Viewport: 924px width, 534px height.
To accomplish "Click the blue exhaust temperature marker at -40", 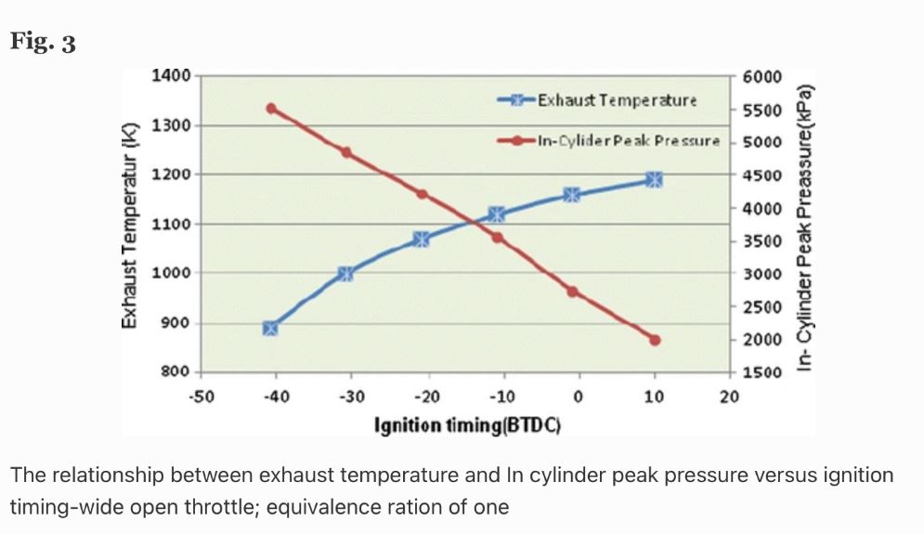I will coord(270,328).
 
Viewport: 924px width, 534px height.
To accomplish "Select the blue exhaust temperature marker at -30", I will coord(345,273).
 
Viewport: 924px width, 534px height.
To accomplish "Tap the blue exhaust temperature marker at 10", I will coord(654,179).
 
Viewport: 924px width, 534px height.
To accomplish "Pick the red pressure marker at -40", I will coord(271,109).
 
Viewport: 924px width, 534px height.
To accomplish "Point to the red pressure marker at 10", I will coord(654,340).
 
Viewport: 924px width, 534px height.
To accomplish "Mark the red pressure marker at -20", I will coord(422,194).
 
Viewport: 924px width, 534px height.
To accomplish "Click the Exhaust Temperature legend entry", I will coord(618,99).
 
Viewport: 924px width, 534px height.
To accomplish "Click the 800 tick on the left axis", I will coord(176,372).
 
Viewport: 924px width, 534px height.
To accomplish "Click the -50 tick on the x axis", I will coord(201,397).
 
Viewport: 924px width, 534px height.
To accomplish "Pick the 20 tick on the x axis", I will coord(729,397).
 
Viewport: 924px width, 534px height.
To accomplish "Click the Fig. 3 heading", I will coord(43,44).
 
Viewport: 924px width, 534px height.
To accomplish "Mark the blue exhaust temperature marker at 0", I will coord(572,195).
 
